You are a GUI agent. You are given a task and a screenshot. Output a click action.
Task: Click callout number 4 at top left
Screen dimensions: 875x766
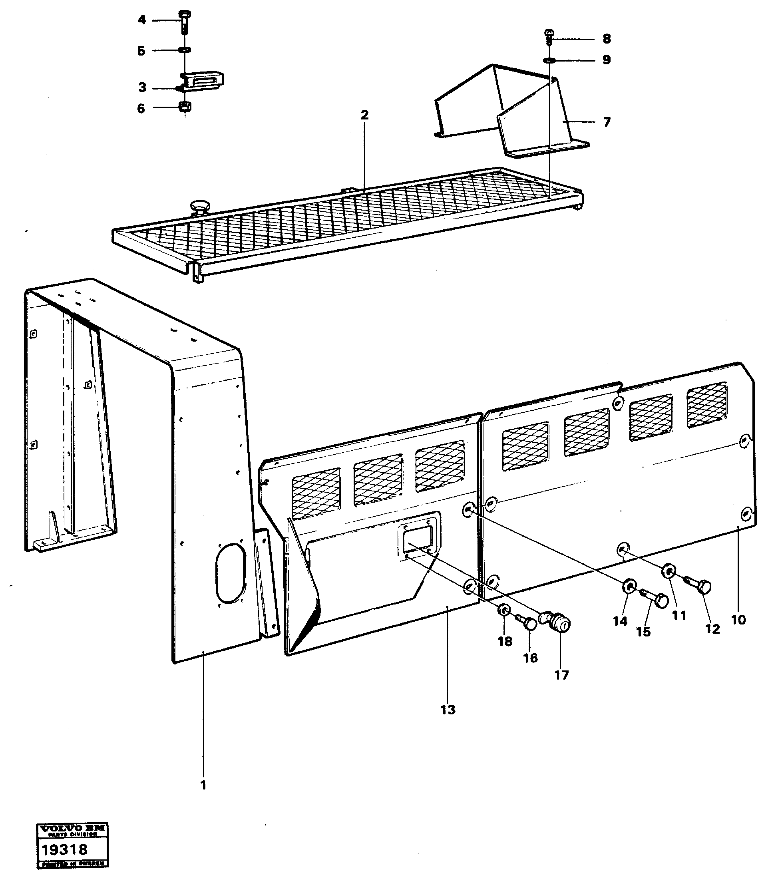142,20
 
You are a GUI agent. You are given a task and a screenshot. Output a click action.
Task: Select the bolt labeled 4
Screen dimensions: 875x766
185,20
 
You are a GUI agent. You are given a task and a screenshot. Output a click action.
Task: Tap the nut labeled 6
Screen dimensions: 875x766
185,107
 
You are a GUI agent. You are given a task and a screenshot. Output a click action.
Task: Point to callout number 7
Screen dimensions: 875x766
607,122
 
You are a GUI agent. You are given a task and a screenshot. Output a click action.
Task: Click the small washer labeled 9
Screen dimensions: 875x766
549,60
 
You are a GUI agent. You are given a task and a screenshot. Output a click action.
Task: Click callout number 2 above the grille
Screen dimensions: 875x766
364,115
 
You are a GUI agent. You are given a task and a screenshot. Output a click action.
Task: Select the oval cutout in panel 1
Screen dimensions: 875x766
231,573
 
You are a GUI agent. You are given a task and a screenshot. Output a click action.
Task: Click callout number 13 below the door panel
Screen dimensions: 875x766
448,710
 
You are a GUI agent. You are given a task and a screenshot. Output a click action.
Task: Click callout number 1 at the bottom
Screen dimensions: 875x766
203,785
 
